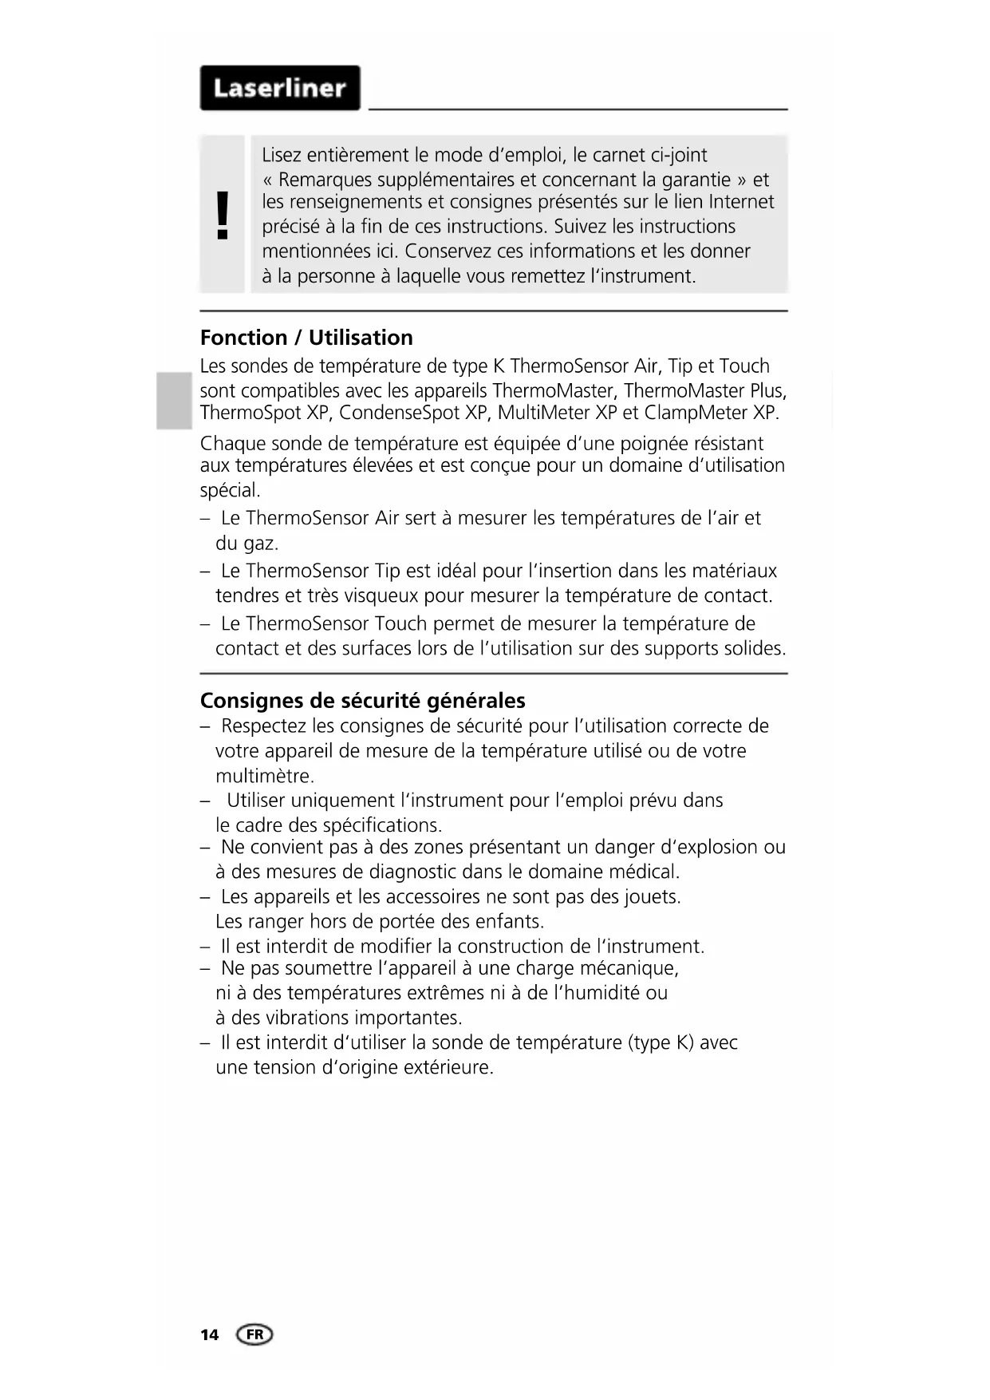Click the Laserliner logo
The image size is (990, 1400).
tap(280, 88)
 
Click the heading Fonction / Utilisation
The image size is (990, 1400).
tap(306, 338)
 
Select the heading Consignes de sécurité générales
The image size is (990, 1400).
tap(362, 701)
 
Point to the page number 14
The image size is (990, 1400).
tap(209, 1335)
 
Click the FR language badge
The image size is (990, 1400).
tap(254, 1335)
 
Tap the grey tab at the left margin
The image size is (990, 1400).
tap(174, 400)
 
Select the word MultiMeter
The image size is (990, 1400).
tap(543, 413)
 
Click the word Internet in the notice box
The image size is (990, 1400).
tap(741, 202)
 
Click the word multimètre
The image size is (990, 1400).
tap(264, 777)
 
